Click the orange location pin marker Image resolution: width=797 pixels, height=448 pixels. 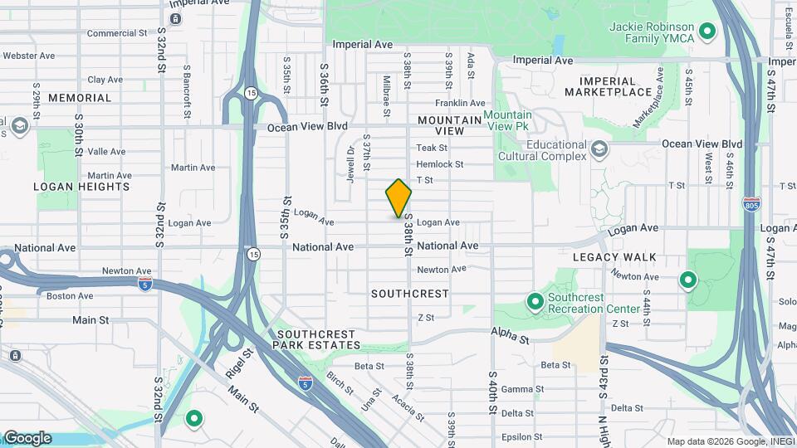(x=398, y=198)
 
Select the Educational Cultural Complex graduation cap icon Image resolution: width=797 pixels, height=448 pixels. (x=599, y=149)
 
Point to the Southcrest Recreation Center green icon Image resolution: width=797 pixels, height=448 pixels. (x=535, y=300)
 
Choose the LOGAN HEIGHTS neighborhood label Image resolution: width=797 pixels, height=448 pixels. (x=81, y=187)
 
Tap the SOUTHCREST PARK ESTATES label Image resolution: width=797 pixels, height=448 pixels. (x=317, y=339)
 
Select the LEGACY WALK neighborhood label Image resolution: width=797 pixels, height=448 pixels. (x=614, y=258)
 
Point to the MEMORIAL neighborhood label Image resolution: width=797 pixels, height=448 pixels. (x=80, y=98)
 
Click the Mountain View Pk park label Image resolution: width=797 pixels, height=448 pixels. (x=507, y=121)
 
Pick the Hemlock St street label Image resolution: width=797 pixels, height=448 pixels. (x=440, y=164)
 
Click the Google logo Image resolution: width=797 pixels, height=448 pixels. (x=27, y=438)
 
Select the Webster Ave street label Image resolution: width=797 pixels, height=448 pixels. (x=29, y=56)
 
